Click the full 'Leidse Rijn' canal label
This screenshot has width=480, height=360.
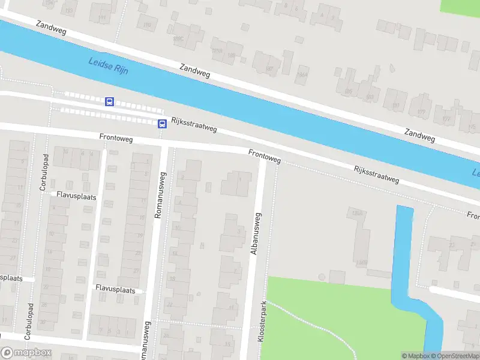point(109,65)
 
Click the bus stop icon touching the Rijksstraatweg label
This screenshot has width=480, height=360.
point(162,124)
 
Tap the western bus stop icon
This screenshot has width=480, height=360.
point(109,102)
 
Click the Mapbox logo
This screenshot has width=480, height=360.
point(26,353)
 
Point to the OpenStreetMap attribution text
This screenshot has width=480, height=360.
point(455,356)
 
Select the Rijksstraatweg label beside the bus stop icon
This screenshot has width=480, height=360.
point(194,124)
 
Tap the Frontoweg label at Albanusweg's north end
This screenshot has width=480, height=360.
point(265,157)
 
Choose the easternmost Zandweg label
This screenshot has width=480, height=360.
point(419,134)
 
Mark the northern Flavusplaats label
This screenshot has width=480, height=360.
point(76,195)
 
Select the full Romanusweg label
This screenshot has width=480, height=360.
point(160,195)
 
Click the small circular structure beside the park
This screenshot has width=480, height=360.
point(322,277)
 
